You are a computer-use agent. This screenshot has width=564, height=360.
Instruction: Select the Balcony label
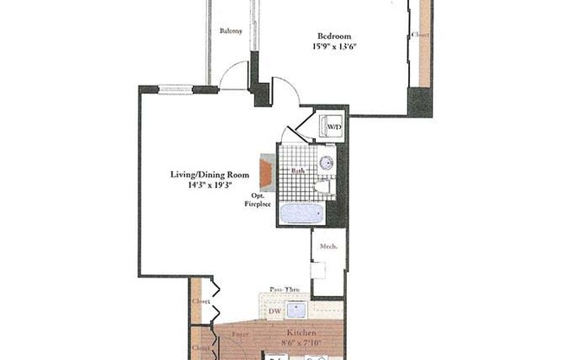(230, 31)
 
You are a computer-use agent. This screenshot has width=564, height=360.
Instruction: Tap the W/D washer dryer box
(332, 127)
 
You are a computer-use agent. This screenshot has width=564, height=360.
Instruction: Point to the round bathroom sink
(327, 163)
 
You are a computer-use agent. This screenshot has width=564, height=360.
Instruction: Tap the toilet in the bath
(322, 185)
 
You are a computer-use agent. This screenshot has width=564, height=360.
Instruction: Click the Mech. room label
(328, 245)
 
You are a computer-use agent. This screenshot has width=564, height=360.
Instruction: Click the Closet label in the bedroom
(421, 35)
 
